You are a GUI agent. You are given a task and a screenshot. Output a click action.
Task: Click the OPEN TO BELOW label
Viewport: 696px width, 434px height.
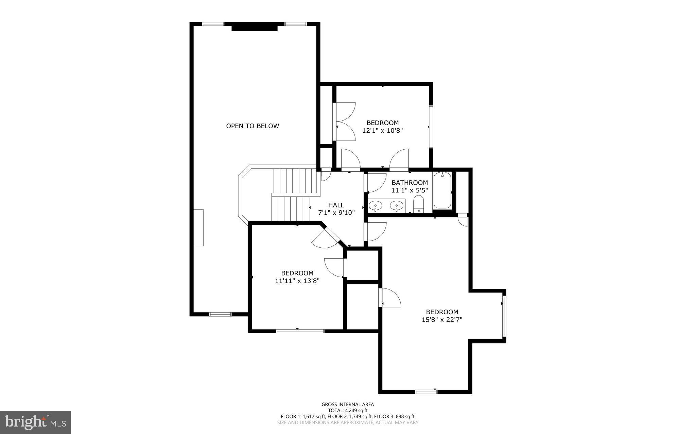click(253, 126)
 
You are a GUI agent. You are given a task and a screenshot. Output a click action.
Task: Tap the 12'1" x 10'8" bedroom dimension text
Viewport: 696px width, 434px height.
click(382, 130)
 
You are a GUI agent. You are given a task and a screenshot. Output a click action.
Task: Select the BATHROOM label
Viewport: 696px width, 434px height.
click(410, 183)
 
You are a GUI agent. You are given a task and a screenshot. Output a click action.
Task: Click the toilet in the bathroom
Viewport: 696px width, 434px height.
click(419, 204)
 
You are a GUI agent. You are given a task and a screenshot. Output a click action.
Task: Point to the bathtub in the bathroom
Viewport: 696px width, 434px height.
click(442, 190)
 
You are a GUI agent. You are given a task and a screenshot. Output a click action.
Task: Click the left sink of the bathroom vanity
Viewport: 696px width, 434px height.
click(375, 205)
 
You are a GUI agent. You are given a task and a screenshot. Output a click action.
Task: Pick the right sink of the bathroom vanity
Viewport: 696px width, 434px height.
click(397, 205)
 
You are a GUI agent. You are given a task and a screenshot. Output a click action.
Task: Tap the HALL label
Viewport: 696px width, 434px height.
click(336, 205)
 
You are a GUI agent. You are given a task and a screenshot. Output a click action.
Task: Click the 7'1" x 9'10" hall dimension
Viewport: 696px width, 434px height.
click(336, 213)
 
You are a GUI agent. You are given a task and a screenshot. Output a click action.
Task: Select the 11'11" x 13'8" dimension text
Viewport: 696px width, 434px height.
click(297, 281)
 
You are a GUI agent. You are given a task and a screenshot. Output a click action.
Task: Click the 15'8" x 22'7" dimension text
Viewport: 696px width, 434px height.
click(442, 319)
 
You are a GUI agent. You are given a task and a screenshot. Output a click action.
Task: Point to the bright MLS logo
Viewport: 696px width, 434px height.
click(35, 422)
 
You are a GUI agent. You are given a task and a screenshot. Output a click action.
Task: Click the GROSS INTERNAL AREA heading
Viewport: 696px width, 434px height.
click(348, 404)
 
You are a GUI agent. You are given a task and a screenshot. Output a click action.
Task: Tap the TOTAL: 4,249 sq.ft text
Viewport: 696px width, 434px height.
click(348, 410)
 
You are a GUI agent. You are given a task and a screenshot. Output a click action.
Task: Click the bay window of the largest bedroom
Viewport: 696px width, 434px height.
click(504, 316)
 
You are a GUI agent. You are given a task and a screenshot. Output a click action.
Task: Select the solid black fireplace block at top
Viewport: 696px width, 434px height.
click(255, 27)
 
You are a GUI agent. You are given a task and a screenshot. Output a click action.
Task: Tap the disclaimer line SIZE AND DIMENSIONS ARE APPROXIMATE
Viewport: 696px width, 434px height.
click(348, 422)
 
